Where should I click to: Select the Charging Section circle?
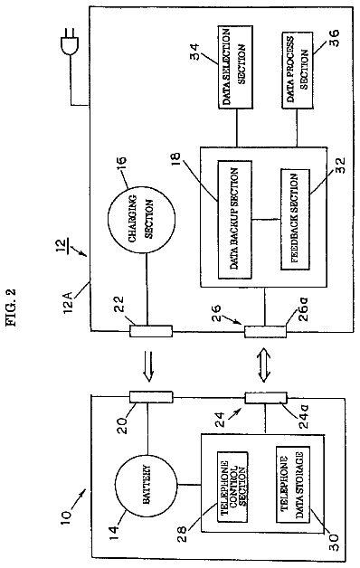pos(142,218)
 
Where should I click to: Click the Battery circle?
pos(147,485)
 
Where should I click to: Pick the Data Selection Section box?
pos(235,67)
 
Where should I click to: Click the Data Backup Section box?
pos(234,220)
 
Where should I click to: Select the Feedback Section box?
pos(295,220)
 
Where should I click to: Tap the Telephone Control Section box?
pos(232,487)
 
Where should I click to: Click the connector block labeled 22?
pos(151,331)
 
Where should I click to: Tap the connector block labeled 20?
pos(151,397)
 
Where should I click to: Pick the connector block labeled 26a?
pos(265,331)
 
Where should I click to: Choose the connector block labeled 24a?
pos(266,398)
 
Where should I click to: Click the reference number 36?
pos(334,38)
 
